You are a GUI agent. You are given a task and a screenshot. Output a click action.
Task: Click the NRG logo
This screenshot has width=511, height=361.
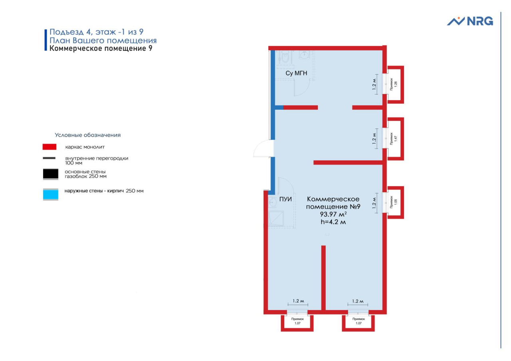tap(470, 21)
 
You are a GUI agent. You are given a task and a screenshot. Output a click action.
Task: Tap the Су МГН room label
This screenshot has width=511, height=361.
tap(296, 73)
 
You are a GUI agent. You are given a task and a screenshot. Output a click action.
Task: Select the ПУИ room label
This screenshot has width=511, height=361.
tap(285, 199)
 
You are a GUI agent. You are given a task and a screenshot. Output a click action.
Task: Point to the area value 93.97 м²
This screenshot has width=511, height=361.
tap(333, 214)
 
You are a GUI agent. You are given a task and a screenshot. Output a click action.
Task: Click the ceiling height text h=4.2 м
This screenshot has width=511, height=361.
tap(333, 222)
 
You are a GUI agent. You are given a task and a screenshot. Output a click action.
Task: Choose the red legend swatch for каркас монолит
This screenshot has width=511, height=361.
tap(50, 147)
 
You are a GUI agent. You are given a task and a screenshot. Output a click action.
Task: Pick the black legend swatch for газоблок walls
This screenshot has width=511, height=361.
tap(51, 174)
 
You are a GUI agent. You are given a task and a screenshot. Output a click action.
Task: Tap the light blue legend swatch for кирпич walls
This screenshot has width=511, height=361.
tap(51, 194)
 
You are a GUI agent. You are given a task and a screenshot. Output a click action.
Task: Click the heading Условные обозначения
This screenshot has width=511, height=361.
tap(87, 135)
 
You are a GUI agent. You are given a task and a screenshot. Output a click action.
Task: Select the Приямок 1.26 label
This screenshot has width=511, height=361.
tap(394, 84)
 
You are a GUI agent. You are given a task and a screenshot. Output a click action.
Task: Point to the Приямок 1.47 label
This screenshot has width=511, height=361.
tap(394, 139)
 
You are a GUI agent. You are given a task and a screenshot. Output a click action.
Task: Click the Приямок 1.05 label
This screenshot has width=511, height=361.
tap(394, 202)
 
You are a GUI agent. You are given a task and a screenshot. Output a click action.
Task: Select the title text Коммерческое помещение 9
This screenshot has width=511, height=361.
tap(101, 48)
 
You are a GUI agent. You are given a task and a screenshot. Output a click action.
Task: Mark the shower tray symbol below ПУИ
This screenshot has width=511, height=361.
tap(276, 218)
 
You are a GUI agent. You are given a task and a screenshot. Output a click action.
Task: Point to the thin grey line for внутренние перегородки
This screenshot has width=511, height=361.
tap(49, 158)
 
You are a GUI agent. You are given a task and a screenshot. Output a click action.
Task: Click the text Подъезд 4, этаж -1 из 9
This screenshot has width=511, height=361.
tap(97, 32)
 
